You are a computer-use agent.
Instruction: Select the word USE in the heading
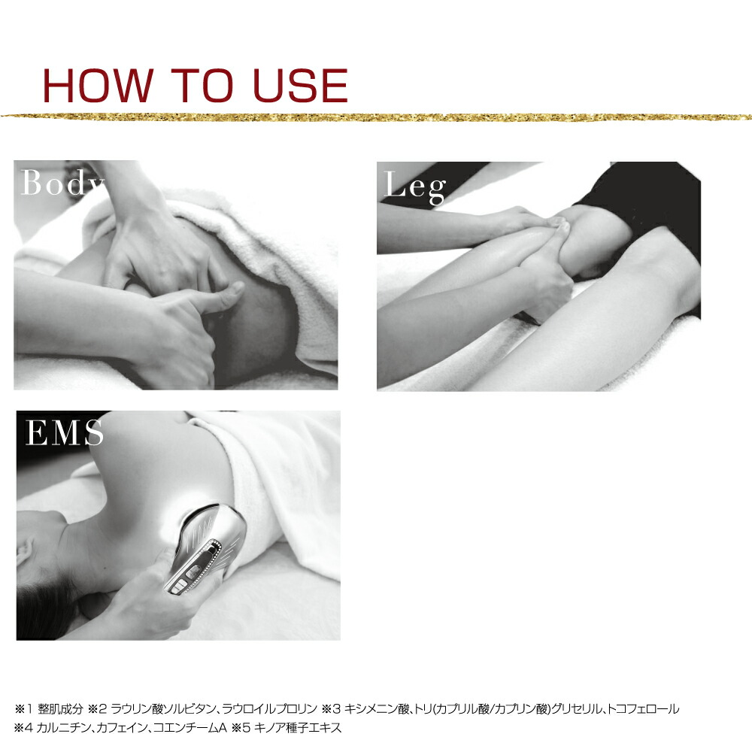point(300,86)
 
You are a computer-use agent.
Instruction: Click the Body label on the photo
point(63,182)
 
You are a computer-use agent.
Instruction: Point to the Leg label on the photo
point(415,186)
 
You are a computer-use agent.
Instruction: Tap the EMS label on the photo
point(64,432)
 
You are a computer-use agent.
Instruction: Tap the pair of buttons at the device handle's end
point(180,586)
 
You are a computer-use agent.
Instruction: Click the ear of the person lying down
point(24,551)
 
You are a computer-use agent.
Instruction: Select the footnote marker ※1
point(23,709)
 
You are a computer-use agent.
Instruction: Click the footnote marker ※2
point(97,709)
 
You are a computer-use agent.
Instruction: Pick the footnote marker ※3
point(331,709)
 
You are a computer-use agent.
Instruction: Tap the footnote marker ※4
point(23,727)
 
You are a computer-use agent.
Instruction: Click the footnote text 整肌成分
point(60,709)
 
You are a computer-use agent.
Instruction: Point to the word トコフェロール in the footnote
point(643,709)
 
